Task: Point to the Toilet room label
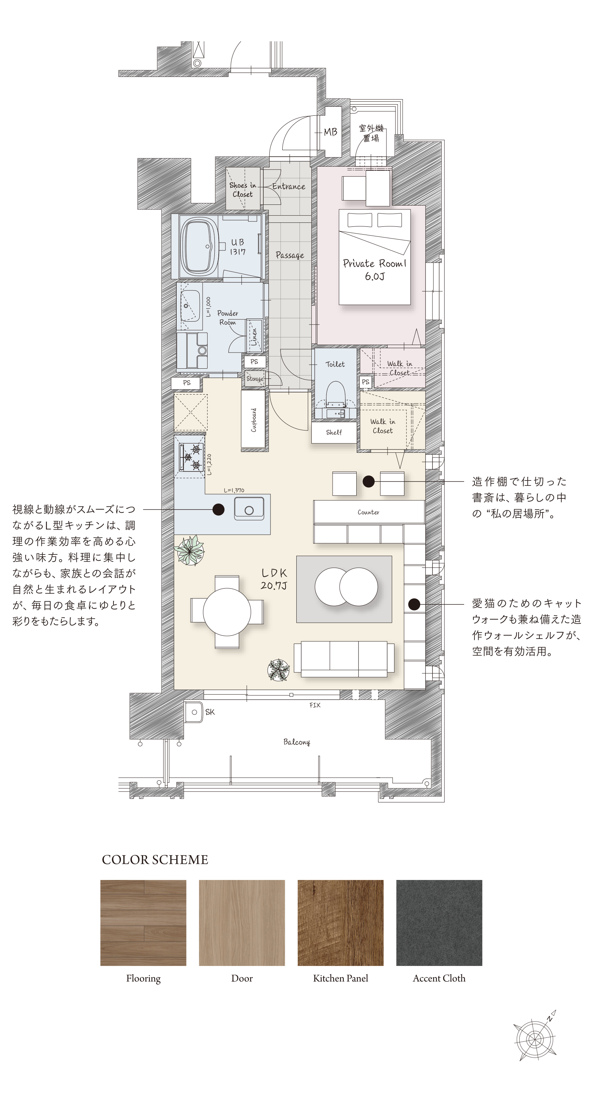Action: coord(335,364)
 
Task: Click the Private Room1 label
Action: coord(375,270)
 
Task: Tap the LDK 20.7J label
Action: coord(274,579)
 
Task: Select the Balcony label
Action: coord(297,742)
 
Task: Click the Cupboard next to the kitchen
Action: coord(254,419)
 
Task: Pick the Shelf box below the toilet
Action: coord(334,433)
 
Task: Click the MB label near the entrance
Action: coord(330,132)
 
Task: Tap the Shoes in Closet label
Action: coord(242,190)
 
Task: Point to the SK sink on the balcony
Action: coord(195,712)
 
